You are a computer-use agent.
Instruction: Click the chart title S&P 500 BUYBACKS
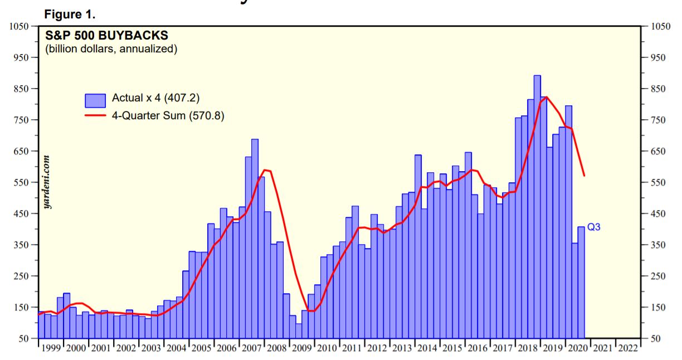106,36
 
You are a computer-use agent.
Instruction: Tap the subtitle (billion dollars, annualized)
111,49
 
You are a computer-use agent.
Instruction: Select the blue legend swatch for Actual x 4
95,100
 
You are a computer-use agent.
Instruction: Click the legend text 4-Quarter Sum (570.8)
168,116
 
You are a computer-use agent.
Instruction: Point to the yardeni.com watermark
48,182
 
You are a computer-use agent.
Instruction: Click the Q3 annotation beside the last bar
594,227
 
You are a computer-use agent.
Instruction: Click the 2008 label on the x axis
277,348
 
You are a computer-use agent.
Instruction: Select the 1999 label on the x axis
51,348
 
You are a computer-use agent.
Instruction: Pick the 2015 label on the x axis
453,348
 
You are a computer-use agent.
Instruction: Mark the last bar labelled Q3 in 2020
581,282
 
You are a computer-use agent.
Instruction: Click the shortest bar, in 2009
299,331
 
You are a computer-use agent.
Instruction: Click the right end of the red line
584,176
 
